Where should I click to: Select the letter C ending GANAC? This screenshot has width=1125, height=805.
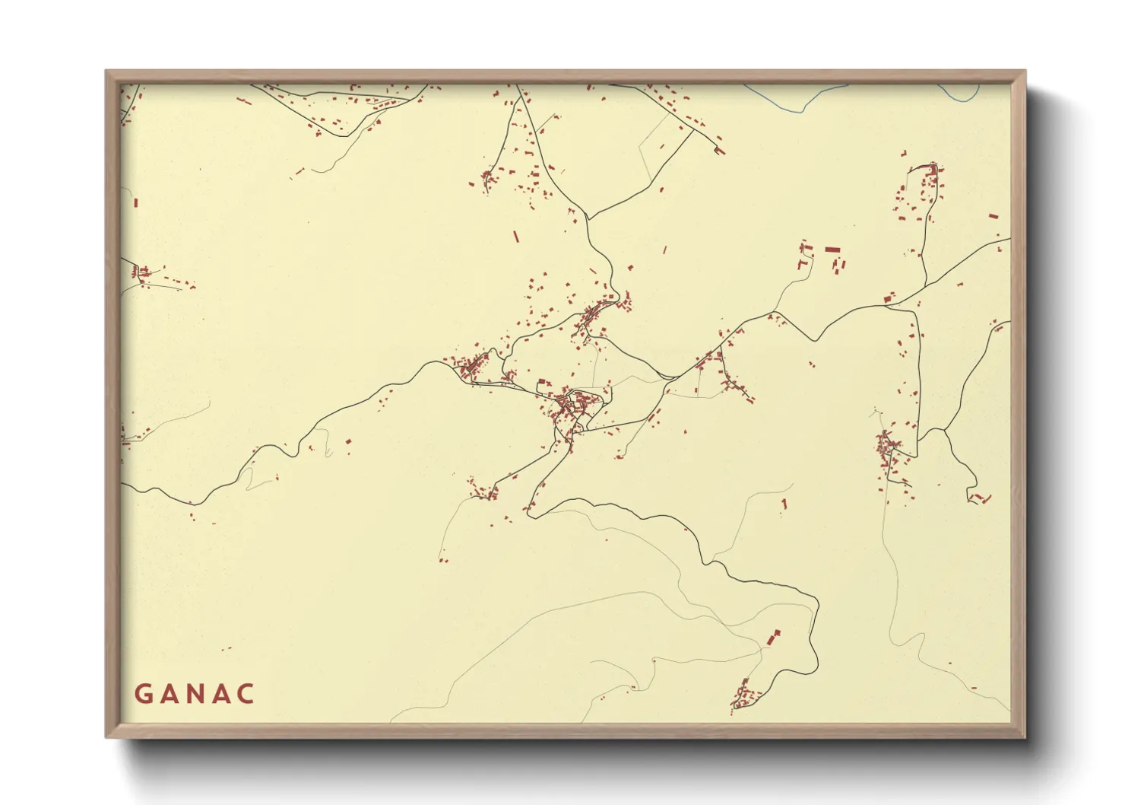(x=245, y=694)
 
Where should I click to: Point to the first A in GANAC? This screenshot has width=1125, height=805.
(x=170, y=694)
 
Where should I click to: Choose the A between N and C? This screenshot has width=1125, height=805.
(x=220, y=694)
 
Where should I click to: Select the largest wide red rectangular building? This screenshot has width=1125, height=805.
(x=833, y=249)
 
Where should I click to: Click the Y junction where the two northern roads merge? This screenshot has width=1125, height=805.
(x=589, y=219)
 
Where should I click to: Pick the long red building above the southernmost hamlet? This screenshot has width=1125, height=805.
(x=774, y=638)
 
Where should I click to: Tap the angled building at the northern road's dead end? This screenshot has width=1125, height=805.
(x=719, y=150)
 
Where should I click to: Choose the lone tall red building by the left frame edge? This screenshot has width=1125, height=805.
(x=136, y=202)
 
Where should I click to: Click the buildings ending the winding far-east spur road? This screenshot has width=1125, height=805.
(x=981, y=499)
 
